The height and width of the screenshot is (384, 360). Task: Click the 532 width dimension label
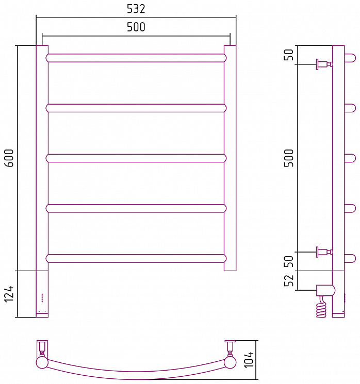click(x=136, y=9)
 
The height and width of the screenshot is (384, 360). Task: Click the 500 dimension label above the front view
click(x=136, y=27)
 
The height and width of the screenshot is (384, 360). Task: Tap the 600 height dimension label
click(x=9, y=158)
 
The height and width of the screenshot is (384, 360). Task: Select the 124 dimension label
click(x=9, y=294)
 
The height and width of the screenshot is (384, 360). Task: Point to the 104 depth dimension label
click(x=249, y=359)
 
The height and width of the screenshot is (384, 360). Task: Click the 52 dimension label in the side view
click(x=289, y=280)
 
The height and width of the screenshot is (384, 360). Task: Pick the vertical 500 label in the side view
click(x=289, y=158)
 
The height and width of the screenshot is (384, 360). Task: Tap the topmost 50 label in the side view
click(x=289, y=55)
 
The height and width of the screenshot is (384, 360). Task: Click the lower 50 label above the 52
click(x=289, y=261)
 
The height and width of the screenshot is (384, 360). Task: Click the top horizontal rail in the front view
click(x=136, y=58)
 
